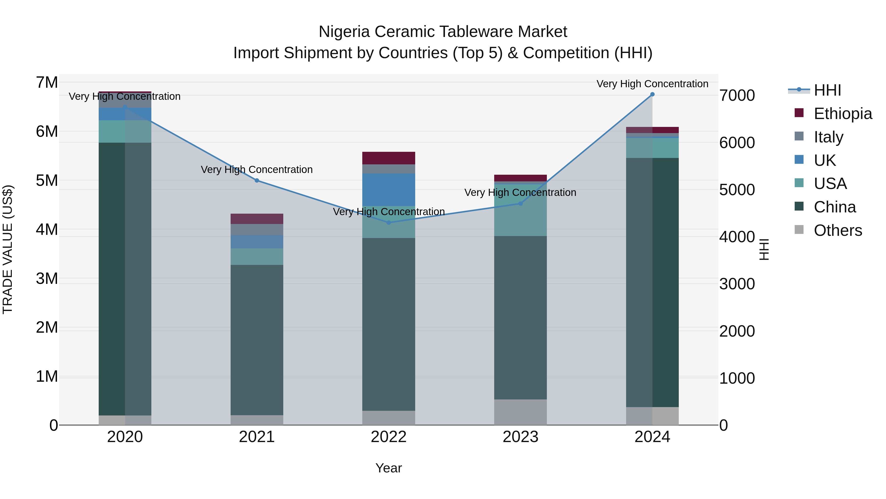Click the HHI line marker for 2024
point(652,94)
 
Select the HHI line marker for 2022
point(389,223)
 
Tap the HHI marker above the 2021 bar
point(257,180)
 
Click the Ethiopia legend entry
point(842,114)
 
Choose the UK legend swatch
point(799,160)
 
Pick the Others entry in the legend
point(838,230)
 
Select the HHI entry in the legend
point(827,90)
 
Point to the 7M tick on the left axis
point(47,83)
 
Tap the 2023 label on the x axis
point(520,437)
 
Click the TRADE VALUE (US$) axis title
point(8,250)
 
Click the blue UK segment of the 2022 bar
point(389,190)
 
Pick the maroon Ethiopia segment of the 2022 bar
point(389,158)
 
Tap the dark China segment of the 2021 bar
point(257,340)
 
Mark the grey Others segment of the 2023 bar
point(520,412)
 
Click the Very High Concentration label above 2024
point(652,84)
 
